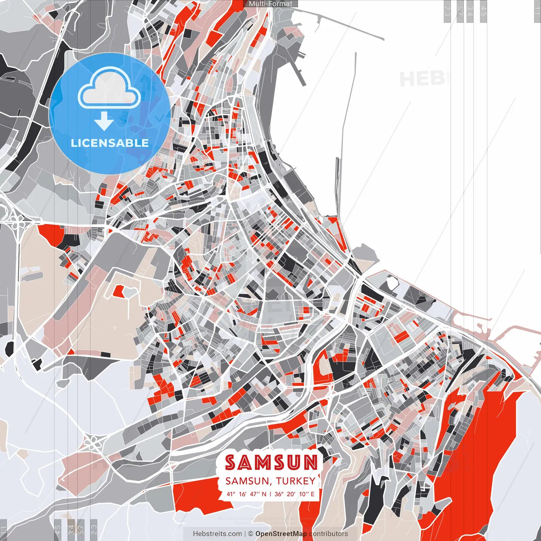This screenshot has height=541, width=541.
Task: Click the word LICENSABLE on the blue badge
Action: point(110,143)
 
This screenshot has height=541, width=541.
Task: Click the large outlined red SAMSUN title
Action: point(271,463)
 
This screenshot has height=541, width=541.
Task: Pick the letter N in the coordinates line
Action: point(264,494)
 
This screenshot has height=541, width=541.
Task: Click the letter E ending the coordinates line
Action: point(312,494)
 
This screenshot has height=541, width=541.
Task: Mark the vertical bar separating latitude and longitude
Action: point(270,494)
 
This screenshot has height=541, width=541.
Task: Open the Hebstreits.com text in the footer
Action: point(218,534)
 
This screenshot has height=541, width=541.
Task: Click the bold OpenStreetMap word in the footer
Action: point(281,534)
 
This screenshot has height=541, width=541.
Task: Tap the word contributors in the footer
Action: point(328,534)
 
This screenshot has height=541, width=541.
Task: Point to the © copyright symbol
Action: point(250,534)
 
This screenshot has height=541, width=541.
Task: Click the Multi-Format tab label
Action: point(270,4)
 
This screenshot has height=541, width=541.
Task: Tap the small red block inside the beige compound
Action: point(119,290)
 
